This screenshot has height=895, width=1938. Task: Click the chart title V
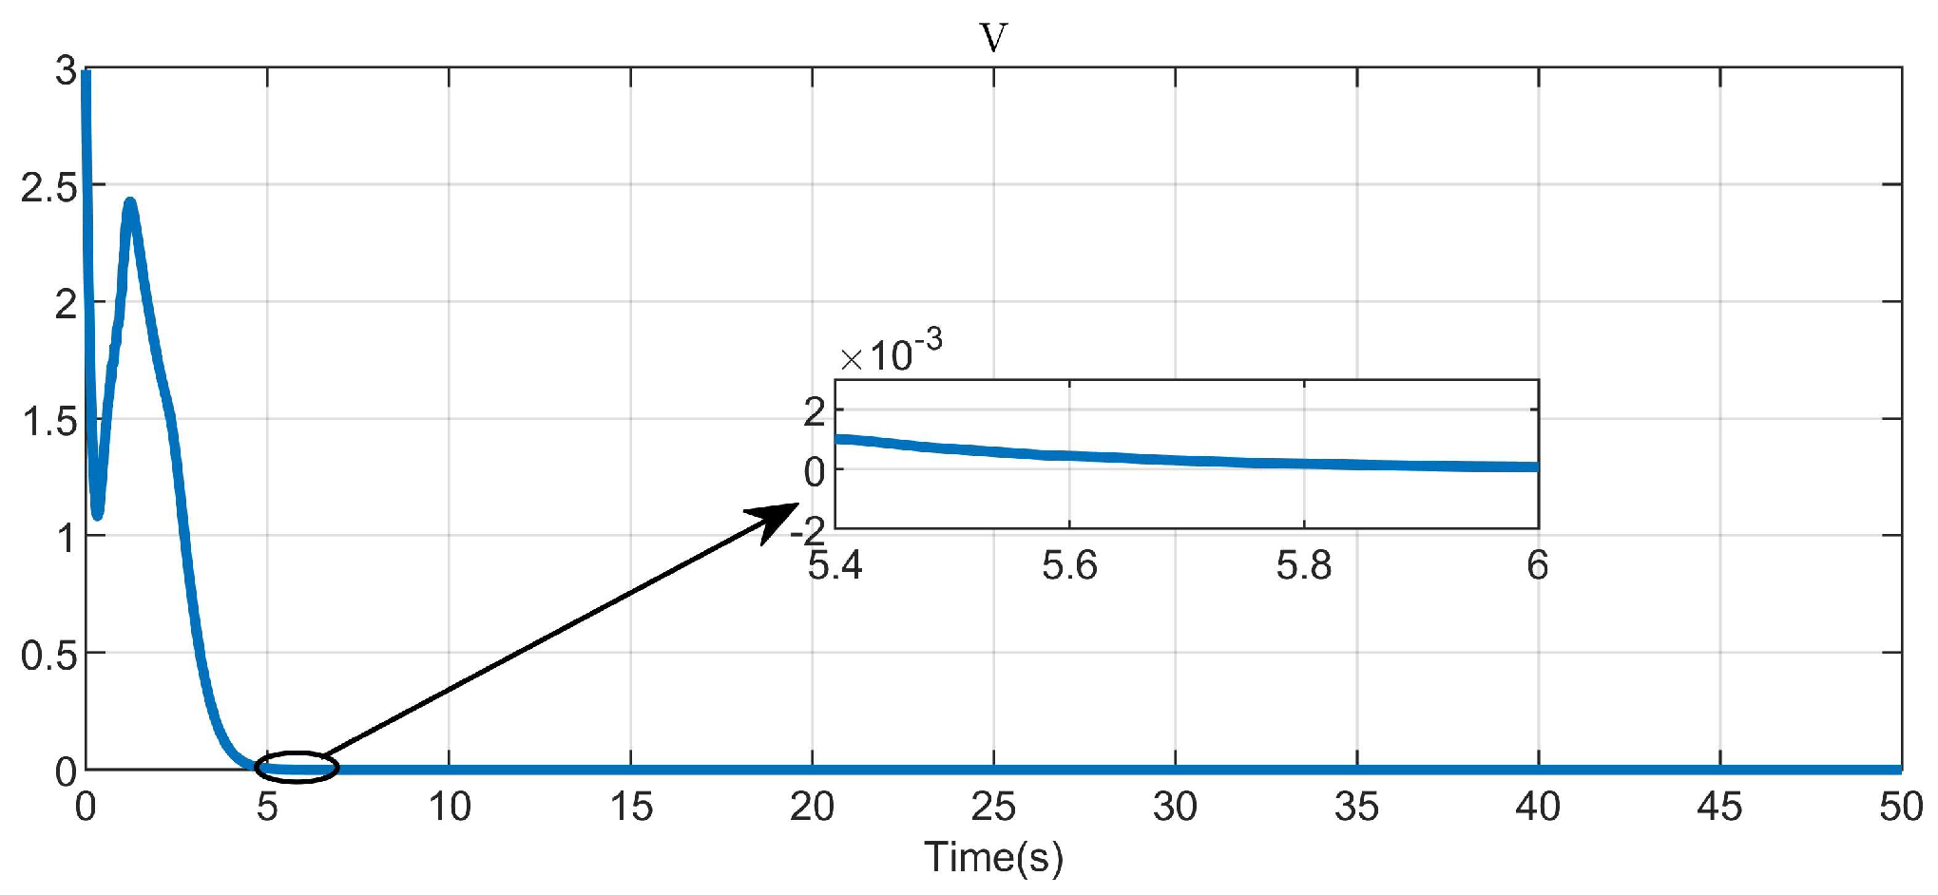coord(993,38)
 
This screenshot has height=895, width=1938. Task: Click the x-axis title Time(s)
coord(993,857)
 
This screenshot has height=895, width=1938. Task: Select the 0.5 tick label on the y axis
coord(48,656)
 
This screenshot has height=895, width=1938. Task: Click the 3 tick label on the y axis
coord(66,71)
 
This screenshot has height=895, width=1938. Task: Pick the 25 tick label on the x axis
coord(993,808)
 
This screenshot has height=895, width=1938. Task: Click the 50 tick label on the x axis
coord(1901,808)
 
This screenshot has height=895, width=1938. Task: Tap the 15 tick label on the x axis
coord(631,808)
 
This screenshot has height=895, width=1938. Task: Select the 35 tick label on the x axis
coord(1356,808)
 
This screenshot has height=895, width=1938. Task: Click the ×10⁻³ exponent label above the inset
coord(892,353)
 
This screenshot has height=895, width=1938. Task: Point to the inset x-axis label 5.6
coord(1069,566)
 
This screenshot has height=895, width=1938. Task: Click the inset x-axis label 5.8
coord(1303,566)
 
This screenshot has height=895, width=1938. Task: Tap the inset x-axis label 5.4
coord(835,566)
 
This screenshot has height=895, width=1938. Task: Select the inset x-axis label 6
coord(1537,566)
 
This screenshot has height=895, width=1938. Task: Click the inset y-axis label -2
coord(808,528)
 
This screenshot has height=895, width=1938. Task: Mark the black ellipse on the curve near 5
coord(297,767)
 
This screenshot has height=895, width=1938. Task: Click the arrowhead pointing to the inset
coord(777,518)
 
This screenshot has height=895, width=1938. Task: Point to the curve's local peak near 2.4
coord(130,203)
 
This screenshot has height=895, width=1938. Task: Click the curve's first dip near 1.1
coord(97,514)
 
